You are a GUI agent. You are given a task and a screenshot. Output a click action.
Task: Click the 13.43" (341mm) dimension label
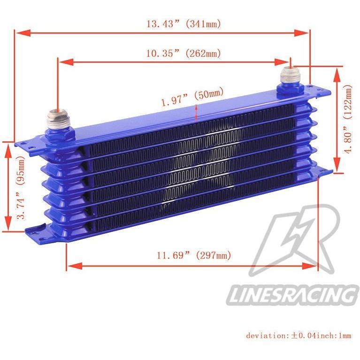click(184, 23)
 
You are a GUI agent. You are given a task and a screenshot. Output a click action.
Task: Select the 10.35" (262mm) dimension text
click(184, 53)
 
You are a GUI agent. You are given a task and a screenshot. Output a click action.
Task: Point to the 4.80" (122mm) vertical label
click(348, 119)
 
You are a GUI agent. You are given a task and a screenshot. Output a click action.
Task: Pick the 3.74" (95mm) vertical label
click(21, 188)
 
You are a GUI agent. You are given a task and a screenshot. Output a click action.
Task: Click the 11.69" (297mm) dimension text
click(193, 255)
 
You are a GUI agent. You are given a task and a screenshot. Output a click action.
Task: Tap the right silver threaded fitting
click(289, 76)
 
